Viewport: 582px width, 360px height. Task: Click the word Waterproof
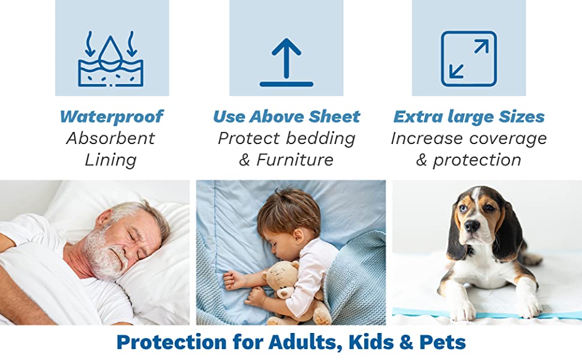click(x=112, y=117)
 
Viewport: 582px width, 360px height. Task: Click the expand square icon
click(x=469, y=59)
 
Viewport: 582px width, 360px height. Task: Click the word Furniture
click(x=295, y=160)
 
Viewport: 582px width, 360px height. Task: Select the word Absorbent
click(x=110, y=139)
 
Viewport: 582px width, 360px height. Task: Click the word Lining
click(x=110, y=161)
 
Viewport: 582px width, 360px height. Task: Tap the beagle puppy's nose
click(x=472, y=226)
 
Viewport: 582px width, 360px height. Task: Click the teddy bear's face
click(x=281, y=281)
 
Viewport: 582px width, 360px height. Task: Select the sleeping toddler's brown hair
click(x=287, y=210)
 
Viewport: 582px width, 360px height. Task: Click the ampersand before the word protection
click(x=421, y=160)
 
